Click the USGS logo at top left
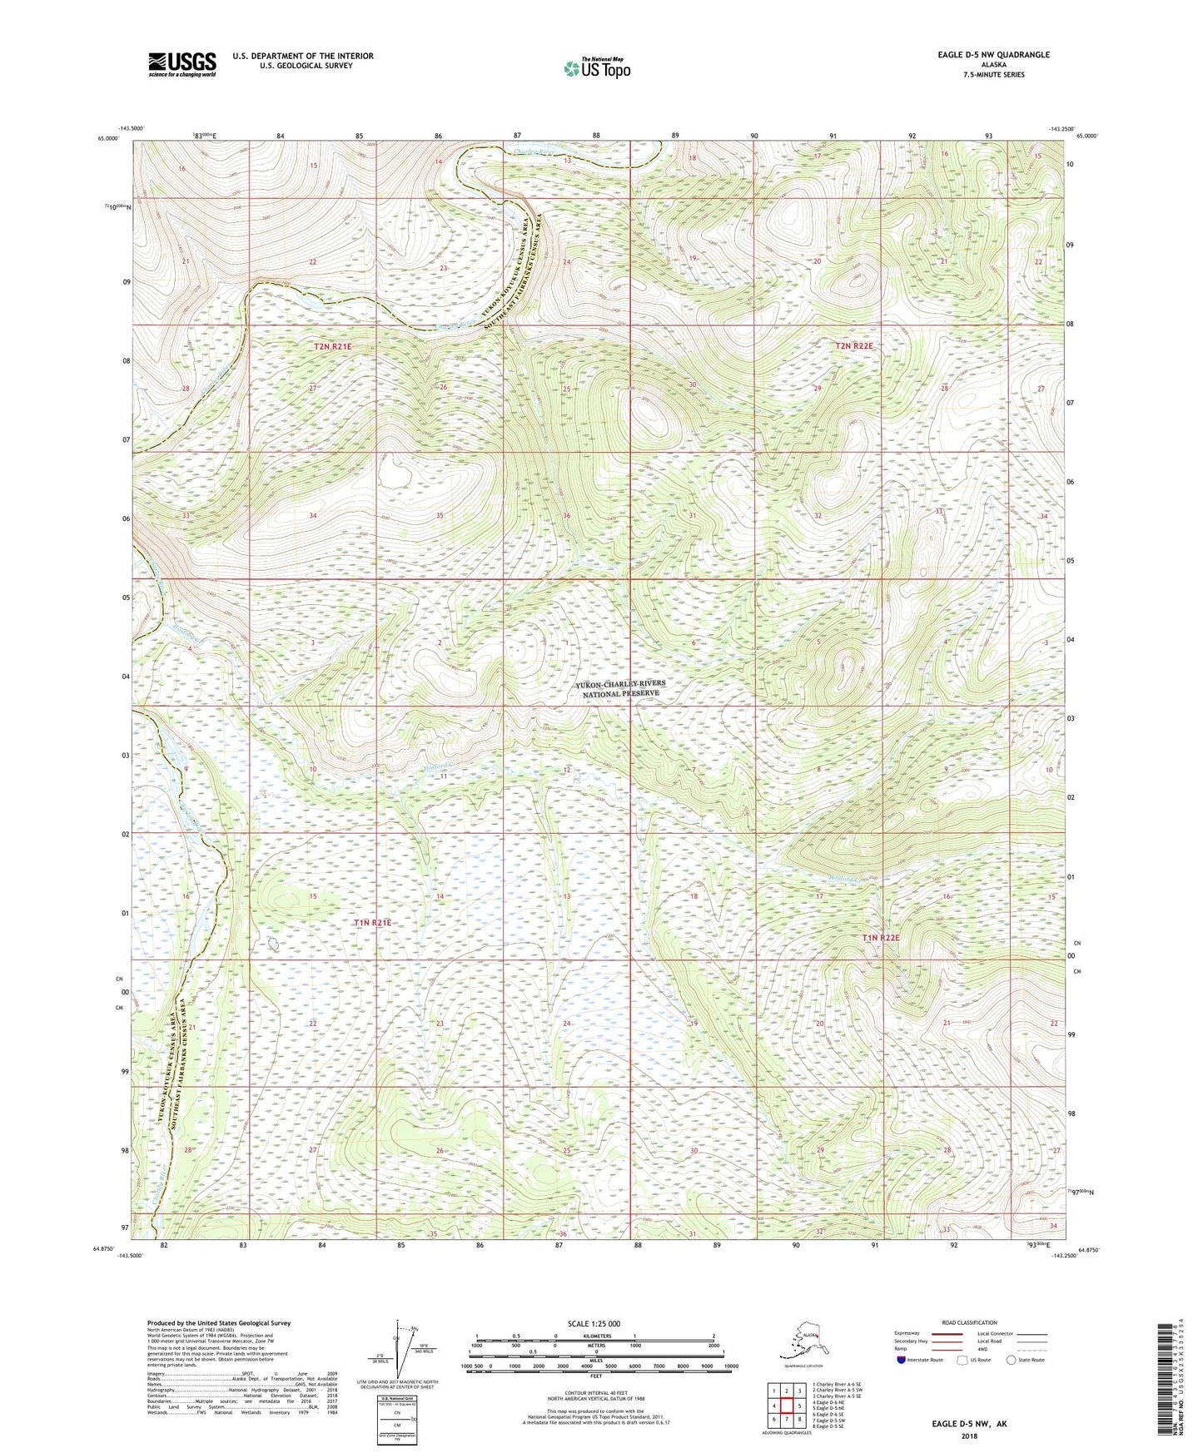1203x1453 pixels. point(181,63)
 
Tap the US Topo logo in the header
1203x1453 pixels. point(597,68)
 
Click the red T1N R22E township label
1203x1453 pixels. point(881,938)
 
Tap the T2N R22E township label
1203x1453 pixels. point(854,345)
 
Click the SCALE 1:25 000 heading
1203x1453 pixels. point(594,1323)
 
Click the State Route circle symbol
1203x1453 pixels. point(1011,1361)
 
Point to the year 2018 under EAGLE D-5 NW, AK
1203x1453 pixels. point(968,1435)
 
